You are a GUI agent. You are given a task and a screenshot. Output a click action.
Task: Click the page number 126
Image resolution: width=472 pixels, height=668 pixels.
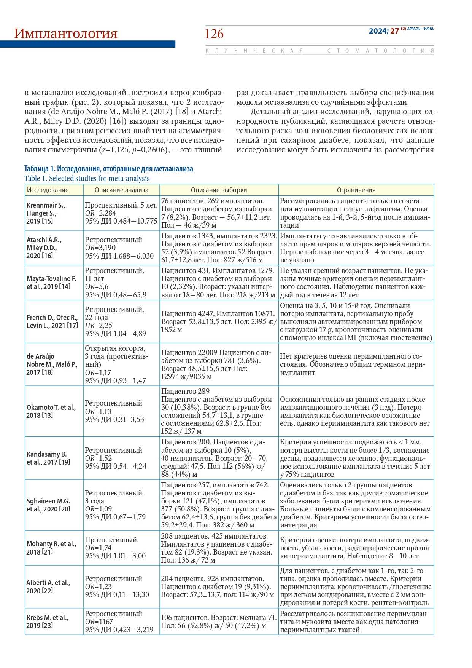214,34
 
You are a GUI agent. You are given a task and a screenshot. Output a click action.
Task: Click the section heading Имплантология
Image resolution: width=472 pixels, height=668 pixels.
66,34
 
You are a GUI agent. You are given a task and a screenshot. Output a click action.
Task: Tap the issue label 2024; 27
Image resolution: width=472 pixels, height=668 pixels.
383,31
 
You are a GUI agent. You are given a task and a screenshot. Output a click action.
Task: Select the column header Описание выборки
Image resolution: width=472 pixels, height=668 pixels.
219,190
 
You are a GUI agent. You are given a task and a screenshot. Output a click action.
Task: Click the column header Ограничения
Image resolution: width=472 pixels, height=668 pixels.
356,190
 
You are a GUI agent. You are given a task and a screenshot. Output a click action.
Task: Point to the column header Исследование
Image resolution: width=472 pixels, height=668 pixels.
48,190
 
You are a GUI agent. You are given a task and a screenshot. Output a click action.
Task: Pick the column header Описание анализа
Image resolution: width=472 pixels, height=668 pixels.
121,190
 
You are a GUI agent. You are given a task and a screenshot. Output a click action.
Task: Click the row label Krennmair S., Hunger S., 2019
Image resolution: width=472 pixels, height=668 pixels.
46,213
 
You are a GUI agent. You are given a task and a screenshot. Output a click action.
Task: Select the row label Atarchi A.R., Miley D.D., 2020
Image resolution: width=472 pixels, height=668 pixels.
44,248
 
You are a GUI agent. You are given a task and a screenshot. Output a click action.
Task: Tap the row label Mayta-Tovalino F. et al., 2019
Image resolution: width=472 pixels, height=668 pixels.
51,283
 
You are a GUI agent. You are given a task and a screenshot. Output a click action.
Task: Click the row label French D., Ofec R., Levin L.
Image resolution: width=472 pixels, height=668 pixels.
52,321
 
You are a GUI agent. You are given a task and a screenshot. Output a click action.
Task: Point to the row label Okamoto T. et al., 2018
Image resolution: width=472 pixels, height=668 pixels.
51,411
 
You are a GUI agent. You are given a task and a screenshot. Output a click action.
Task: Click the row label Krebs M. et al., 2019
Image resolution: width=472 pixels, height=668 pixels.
47,622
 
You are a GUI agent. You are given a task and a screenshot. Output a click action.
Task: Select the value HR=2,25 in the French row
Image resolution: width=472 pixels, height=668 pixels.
98,325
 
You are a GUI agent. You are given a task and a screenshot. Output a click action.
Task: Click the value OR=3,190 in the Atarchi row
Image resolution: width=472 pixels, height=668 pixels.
100,248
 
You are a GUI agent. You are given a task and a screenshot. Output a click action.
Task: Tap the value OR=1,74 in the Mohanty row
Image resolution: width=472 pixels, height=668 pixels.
98,548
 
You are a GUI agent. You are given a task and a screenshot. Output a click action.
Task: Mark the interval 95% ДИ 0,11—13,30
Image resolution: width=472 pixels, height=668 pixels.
117,594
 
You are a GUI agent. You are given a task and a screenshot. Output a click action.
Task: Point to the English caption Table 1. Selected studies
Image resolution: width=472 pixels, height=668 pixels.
87,178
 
